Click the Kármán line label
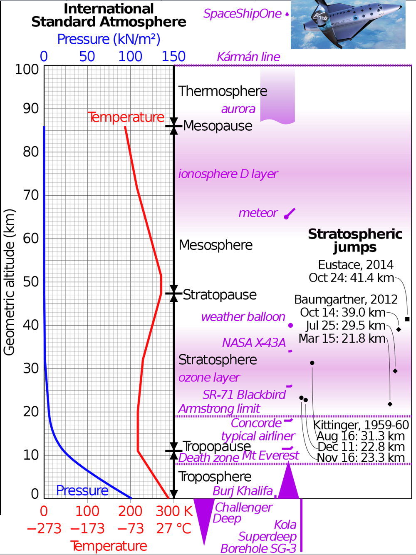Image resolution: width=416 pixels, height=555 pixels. click(248, 57)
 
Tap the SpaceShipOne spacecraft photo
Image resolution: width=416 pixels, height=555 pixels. click(348, 24)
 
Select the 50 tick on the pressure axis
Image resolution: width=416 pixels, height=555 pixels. click(87, 57)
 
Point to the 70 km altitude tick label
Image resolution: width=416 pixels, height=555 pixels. click(31, 195)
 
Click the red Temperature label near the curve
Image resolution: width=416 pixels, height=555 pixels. click(126, 117)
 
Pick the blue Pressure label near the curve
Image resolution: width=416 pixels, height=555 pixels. click(82, 490)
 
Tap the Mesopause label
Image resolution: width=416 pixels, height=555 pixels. click(218, 126)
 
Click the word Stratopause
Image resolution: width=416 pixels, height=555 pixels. click(220, 294)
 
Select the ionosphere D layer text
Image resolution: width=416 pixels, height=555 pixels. click(228, 174)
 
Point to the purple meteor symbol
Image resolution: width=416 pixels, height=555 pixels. click(290, 214)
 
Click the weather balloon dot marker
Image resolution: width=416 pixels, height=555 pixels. click(290, 325)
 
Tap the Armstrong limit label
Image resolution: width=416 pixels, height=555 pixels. click(219, 408)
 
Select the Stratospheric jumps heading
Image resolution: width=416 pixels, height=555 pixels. click(355, 240)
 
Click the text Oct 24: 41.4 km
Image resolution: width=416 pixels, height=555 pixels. click(351, 278)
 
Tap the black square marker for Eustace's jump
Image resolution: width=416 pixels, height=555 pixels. click(407, 319)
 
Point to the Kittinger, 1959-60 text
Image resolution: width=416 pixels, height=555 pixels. click(361, 425)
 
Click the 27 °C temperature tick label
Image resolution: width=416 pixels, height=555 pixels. click(174, 528)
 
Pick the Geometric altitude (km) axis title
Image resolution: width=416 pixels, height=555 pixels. click(9, 282)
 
